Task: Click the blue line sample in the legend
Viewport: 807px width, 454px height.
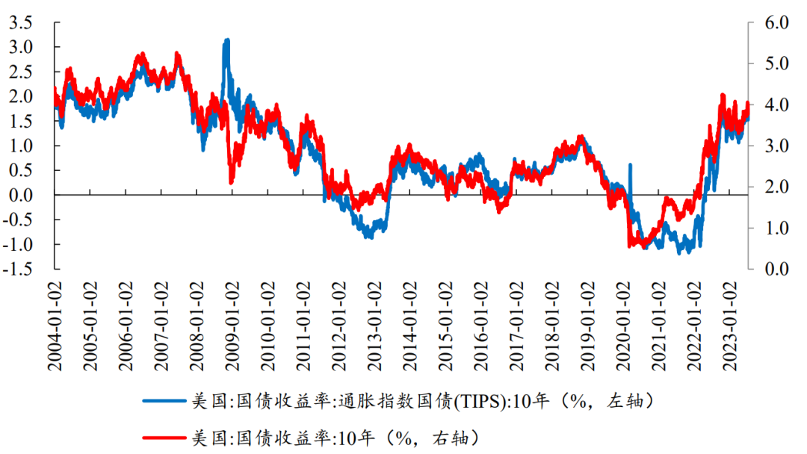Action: click(164, 401)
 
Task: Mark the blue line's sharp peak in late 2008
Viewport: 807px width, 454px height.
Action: click(226, 40)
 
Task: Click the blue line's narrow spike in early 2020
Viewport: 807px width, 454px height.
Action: click(630, 165)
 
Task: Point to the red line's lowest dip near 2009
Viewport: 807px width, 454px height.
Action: click(231, 181)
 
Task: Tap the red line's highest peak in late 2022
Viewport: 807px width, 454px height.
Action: click(723, 96)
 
